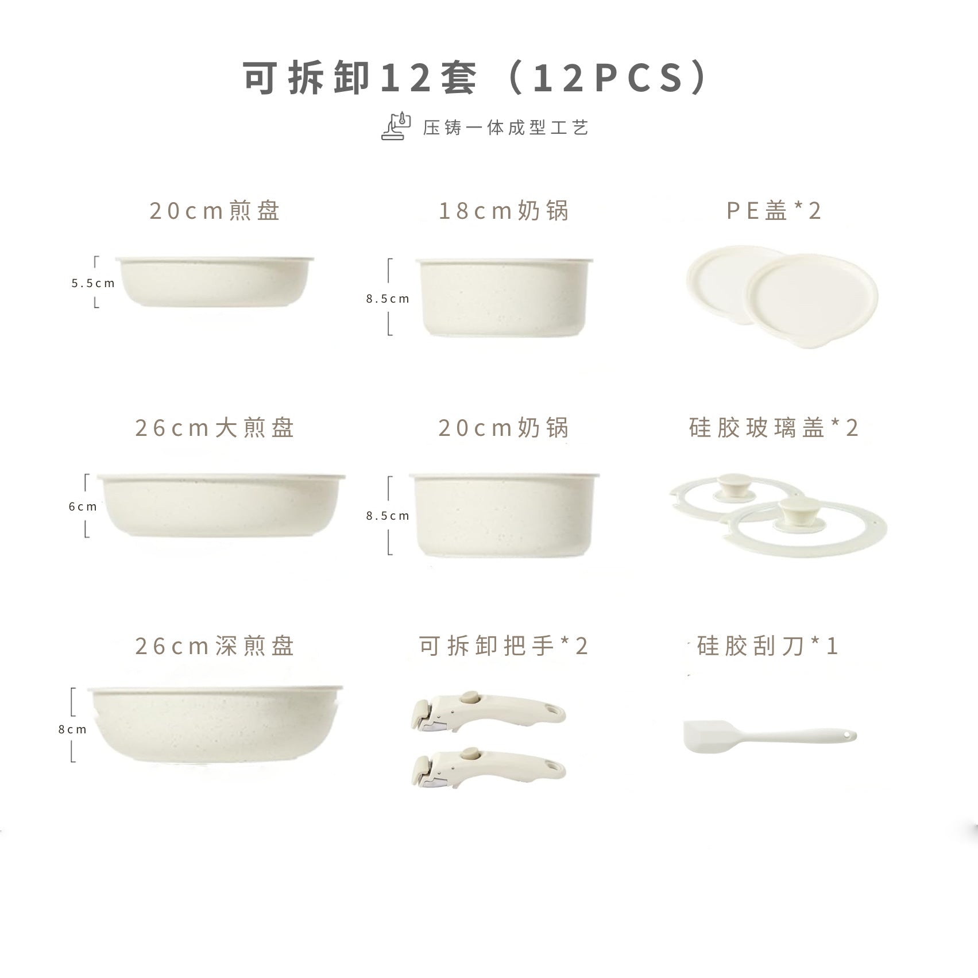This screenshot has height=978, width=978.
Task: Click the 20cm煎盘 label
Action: pyautogui.click(x=215, y=211)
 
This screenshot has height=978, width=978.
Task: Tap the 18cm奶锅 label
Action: pyautogui.click(x=504, y=211)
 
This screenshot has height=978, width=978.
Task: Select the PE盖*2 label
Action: pyautogui.click(x=774, y=211)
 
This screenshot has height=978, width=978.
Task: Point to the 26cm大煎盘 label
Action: pyautogui.click(x=215, y=428)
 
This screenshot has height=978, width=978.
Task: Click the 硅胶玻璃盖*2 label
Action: pyautogui.click(x=774, y=428)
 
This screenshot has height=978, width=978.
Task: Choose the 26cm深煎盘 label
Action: pyautogui.click(x=215, y=646)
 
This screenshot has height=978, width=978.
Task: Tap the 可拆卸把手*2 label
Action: pyautogui.click(x=504, y=646)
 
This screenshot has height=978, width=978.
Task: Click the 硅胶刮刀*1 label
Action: pyautogui.click(x=768, y=646)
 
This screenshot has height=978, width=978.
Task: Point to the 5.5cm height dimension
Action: pyautogui.click(x=93, y=283)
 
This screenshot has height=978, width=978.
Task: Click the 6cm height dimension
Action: pyautogui.click(x=83, y=507)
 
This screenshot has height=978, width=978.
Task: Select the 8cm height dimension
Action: pyautogui.click(x=72, y=729)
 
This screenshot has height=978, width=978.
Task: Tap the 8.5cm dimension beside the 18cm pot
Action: pyautogui.click(x=388, y=299)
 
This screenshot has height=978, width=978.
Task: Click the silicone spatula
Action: pyautogui.click(x=770, y=736)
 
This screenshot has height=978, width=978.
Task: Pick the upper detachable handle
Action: pyautogui.click(x=488, y=713)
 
